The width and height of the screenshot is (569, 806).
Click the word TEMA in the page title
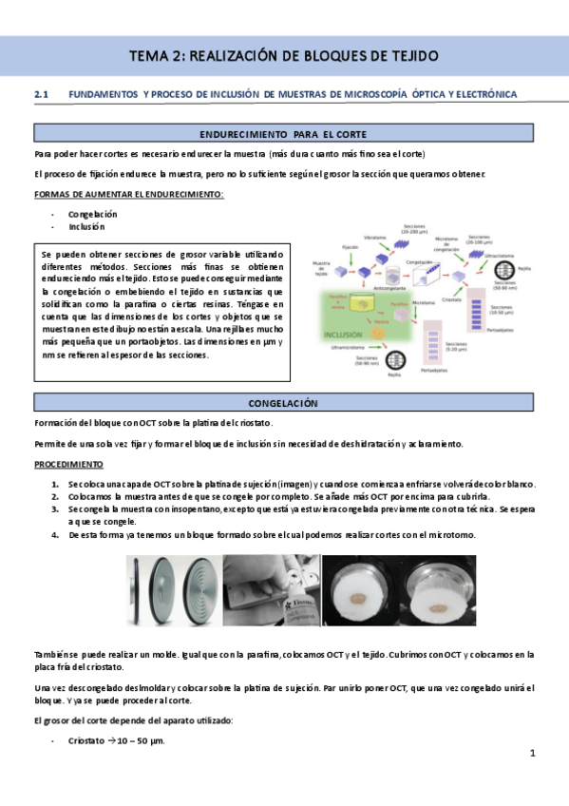[150, 57]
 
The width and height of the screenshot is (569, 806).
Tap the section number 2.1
[41, 94]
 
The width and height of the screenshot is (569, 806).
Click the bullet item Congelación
[92, 214]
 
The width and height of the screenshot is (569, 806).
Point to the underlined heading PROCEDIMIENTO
[68, 465]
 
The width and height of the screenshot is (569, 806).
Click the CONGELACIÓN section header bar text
[283, 403]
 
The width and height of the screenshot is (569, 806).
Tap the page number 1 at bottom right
[533, 754]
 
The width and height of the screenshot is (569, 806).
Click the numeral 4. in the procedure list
[56, 534]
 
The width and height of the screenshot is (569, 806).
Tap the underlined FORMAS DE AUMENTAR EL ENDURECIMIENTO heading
[128, 195]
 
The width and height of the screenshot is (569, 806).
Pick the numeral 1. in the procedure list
[56, 484]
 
